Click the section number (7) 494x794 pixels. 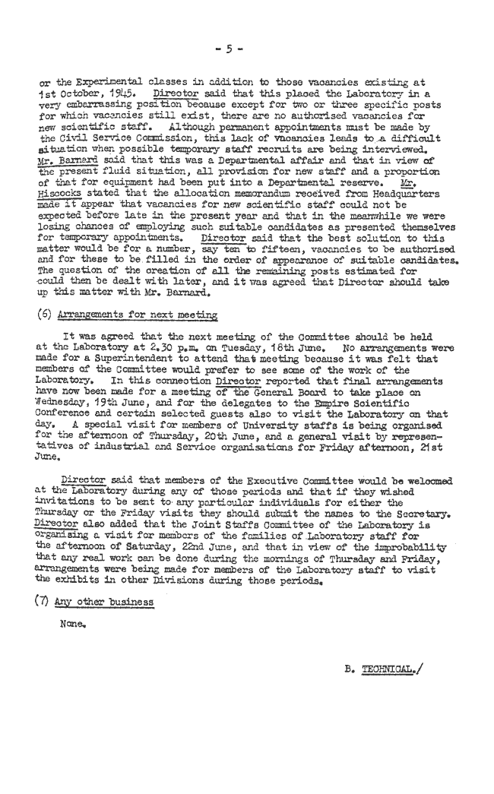pos(43,602)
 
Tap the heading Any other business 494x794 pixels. pos(104,603)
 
